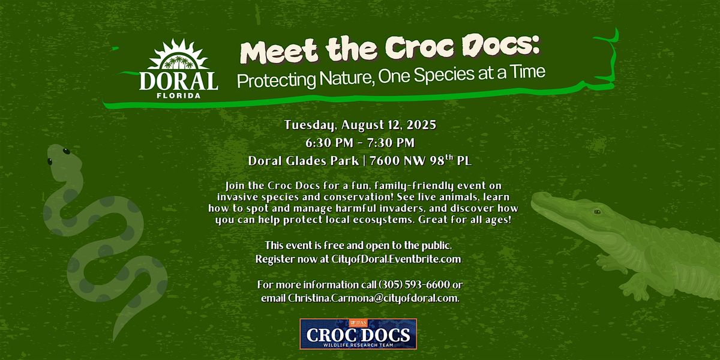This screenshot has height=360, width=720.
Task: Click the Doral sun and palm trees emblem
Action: click(178, 55)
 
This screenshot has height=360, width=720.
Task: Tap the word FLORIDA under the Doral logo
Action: click(179, 95)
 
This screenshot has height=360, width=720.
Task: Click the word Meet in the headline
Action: click(280, 52)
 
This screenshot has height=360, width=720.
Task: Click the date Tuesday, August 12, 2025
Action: click(360, 125)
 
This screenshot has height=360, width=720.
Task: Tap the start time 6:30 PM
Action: click(329, 143)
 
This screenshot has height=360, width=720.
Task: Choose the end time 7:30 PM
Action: click(391, 143)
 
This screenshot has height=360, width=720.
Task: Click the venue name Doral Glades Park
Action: click(304, 161)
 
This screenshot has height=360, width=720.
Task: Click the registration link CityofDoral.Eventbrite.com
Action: click(396, 259)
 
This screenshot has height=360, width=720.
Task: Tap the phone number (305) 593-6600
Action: click(415, 285)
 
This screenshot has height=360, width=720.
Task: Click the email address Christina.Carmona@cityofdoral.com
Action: click(373, 298)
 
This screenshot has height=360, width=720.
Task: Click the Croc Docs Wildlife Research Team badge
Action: click(358, 334)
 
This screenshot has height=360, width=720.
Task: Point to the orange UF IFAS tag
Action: click(358, 323)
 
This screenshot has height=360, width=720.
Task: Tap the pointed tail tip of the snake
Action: click(115, 340)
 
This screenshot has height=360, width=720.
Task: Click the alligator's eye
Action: click(597, 211)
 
